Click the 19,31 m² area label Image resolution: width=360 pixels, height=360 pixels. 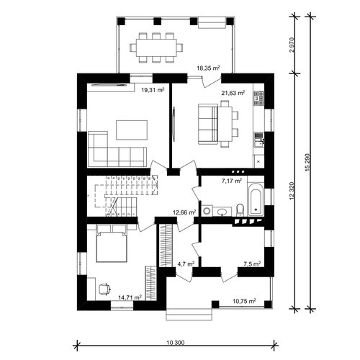153,90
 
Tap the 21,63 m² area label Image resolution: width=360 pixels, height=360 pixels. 233,93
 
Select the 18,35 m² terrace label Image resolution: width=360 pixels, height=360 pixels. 208,68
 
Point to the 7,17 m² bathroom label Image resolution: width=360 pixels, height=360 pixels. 232,181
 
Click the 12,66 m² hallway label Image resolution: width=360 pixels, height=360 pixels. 184,212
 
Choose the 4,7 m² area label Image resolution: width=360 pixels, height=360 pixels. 186,264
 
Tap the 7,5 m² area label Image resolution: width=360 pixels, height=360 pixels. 252,264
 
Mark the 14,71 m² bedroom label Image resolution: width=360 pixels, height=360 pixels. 130,297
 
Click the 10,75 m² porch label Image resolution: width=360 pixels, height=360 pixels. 244,301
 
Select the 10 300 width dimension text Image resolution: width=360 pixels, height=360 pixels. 176,343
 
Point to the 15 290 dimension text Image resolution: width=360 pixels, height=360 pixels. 308,162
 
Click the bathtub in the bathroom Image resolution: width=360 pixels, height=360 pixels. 256,199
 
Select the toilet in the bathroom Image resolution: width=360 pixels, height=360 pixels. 240,210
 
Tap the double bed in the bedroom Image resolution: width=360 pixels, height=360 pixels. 112,243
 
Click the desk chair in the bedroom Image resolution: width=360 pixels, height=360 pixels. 104,289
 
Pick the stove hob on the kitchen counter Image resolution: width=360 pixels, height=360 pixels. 258,99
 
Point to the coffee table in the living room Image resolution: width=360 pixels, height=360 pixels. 132,130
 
